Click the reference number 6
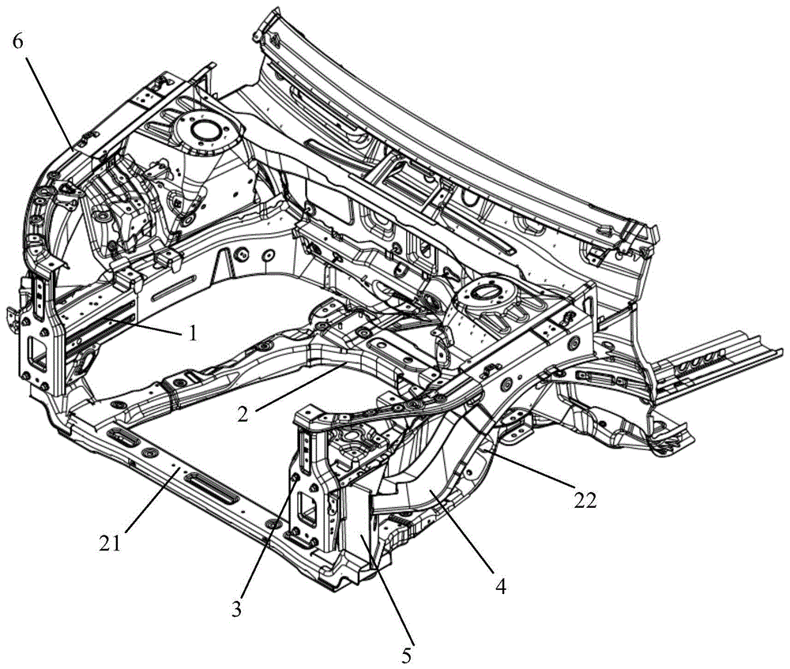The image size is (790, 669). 18,42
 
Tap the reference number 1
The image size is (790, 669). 192,333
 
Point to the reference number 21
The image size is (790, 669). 111,543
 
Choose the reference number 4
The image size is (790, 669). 500,586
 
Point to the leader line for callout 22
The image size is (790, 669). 531,467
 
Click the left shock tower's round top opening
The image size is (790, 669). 205,130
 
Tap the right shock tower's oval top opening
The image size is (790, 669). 485,291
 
